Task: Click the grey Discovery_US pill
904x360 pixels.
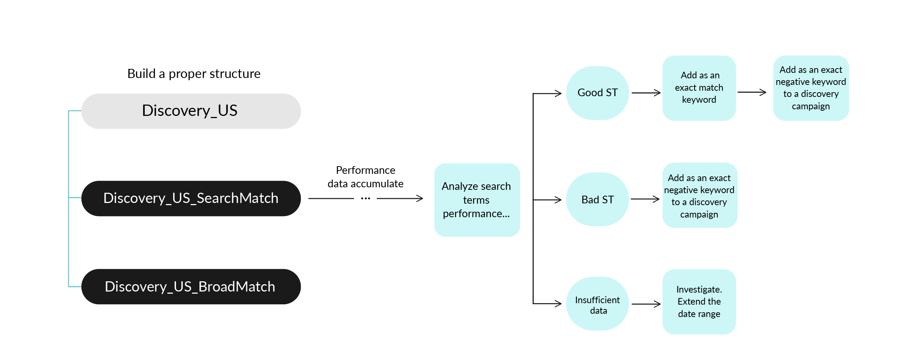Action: [x=191, y=111]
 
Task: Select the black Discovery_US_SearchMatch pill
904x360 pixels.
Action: [x=191, y=199]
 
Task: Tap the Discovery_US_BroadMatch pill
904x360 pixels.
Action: [x=191, y=287]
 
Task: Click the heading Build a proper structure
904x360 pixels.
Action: [x=194, y=74]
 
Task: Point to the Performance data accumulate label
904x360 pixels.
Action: [x=365, y=177]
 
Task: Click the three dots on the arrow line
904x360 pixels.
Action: [x=365, y=199]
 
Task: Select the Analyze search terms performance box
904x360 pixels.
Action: [x=477, y=200]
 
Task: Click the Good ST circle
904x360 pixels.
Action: [x=598, y=93]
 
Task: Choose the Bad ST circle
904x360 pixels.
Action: [x=598, y=199]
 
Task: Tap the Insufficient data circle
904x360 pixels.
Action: [x=598, y=304]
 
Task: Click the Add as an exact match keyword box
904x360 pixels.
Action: [x=699, y=88]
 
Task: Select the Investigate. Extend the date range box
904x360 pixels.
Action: [x=699, y=302]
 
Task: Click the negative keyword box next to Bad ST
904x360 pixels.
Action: [x=700, y=195]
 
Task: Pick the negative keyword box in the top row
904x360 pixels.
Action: [x=811, y=88]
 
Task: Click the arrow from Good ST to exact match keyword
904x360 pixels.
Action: [x=646, y=93]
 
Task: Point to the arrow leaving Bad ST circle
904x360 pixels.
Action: [x=645, y=199]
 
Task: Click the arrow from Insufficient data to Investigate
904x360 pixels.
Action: [x=646, y=304]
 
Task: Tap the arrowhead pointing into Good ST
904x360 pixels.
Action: [x=558, y=94]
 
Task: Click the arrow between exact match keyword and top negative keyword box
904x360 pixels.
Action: [x=752, y=92]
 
